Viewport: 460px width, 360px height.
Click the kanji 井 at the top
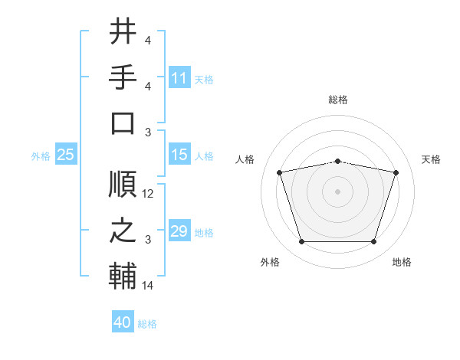click(123, 32)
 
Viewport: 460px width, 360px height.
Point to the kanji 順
click(123, 184)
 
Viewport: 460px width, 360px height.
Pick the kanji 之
click(123, 231)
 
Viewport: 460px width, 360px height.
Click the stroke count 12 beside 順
click(149, 194)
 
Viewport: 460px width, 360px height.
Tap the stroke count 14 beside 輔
click(149, 286)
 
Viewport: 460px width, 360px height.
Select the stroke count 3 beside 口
click(147, 132)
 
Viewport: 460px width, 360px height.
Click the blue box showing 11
click(179, 78)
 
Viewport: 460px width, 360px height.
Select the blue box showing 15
click(179, 155)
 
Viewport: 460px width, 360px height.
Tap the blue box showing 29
click(179, 231)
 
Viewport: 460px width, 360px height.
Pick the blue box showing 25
click(65, 155)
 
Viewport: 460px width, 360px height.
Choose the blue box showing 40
click(123, 322)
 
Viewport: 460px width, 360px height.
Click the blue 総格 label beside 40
click(147, 324)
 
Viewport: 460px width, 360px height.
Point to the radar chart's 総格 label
click(338, 100)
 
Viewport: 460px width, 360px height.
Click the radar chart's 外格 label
click(270, 262)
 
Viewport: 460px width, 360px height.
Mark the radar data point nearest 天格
click(396, 172)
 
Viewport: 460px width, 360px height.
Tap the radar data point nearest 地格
click(373, 242)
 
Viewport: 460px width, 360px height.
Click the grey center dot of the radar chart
click(338, 191)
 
